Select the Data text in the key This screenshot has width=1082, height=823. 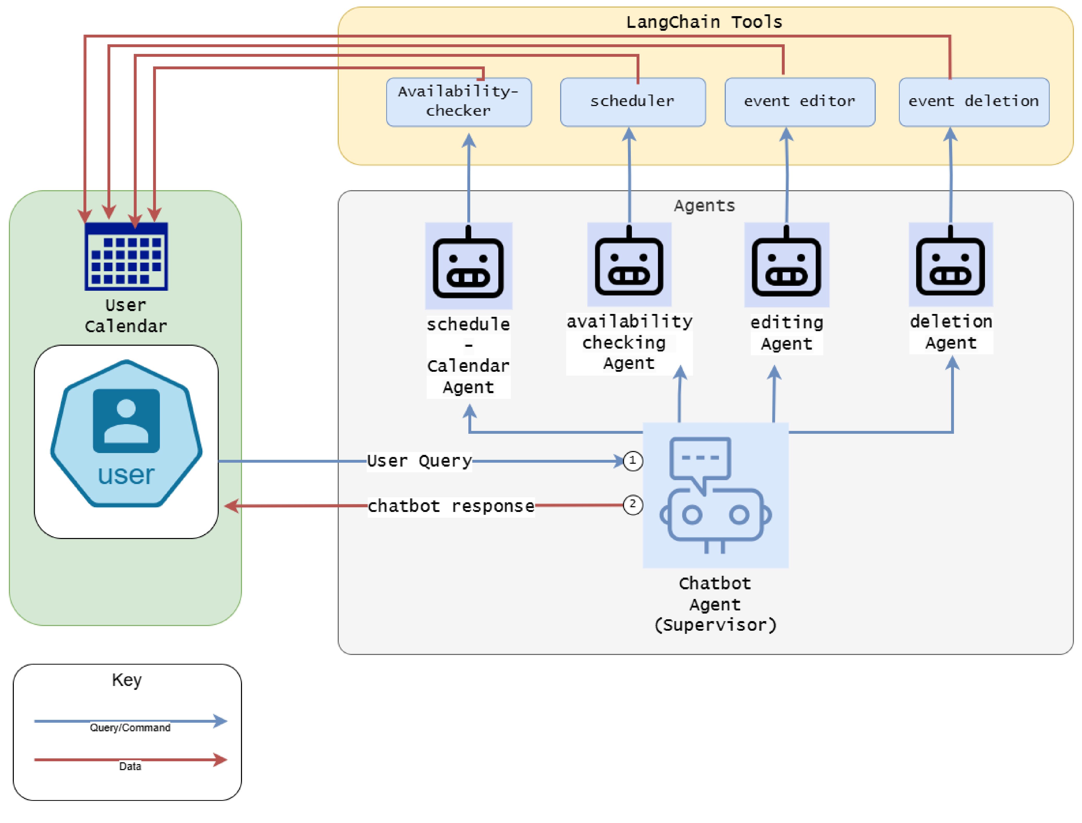pyautogui.click(x=130, y=766)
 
